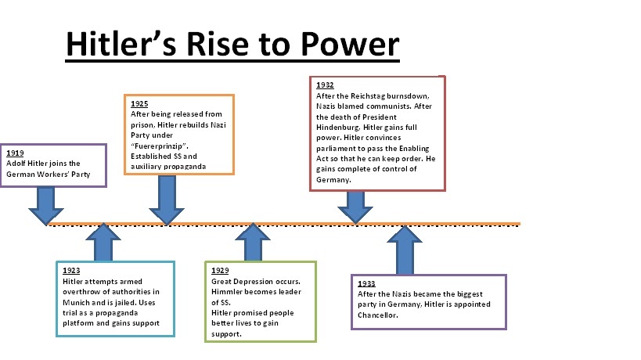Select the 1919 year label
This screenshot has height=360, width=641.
15,153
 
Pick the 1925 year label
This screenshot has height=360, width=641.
140,103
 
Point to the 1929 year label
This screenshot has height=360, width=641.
220,270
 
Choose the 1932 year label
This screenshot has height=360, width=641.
326,85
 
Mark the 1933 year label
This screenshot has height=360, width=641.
366,283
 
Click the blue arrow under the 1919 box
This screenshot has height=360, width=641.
46,205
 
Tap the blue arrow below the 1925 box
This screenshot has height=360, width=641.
166,200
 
